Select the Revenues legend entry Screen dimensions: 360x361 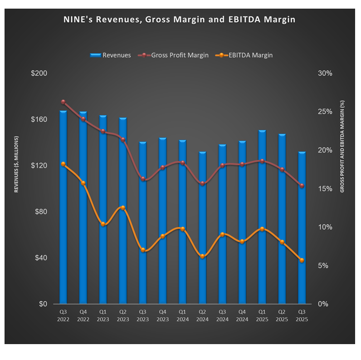click(x=111, y=55)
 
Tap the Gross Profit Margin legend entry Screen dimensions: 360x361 click(x=173, y=55)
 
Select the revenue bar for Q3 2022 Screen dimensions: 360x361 click(x=63, y=207)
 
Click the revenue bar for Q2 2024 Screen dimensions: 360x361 click(x=203, y=227)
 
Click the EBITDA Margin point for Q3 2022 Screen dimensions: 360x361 click(x=63, y=164)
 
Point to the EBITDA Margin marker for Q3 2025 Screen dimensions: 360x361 click(x=302, y=260)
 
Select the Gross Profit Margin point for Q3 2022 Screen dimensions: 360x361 click(x=63, y=102)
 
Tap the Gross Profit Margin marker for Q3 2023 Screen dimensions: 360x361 click(x=143, y=179)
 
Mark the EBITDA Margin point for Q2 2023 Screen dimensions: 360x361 click(x=123, y=208)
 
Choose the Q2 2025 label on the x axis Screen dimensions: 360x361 click(x=282, y=315)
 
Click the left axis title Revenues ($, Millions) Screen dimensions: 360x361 click(x=16, y=164)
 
